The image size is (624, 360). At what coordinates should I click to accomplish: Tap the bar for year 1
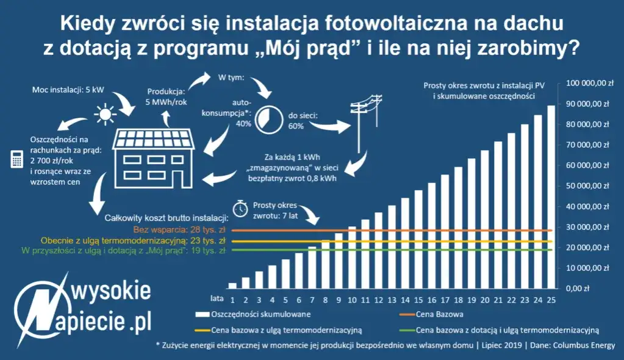pos(232,285)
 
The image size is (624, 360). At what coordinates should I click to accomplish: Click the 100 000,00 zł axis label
pos(587,83)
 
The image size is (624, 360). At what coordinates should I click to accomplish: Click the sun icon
pos(104,113)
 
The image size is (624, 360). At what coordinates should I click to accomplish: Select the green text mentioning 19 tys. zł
pos(116,250)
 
